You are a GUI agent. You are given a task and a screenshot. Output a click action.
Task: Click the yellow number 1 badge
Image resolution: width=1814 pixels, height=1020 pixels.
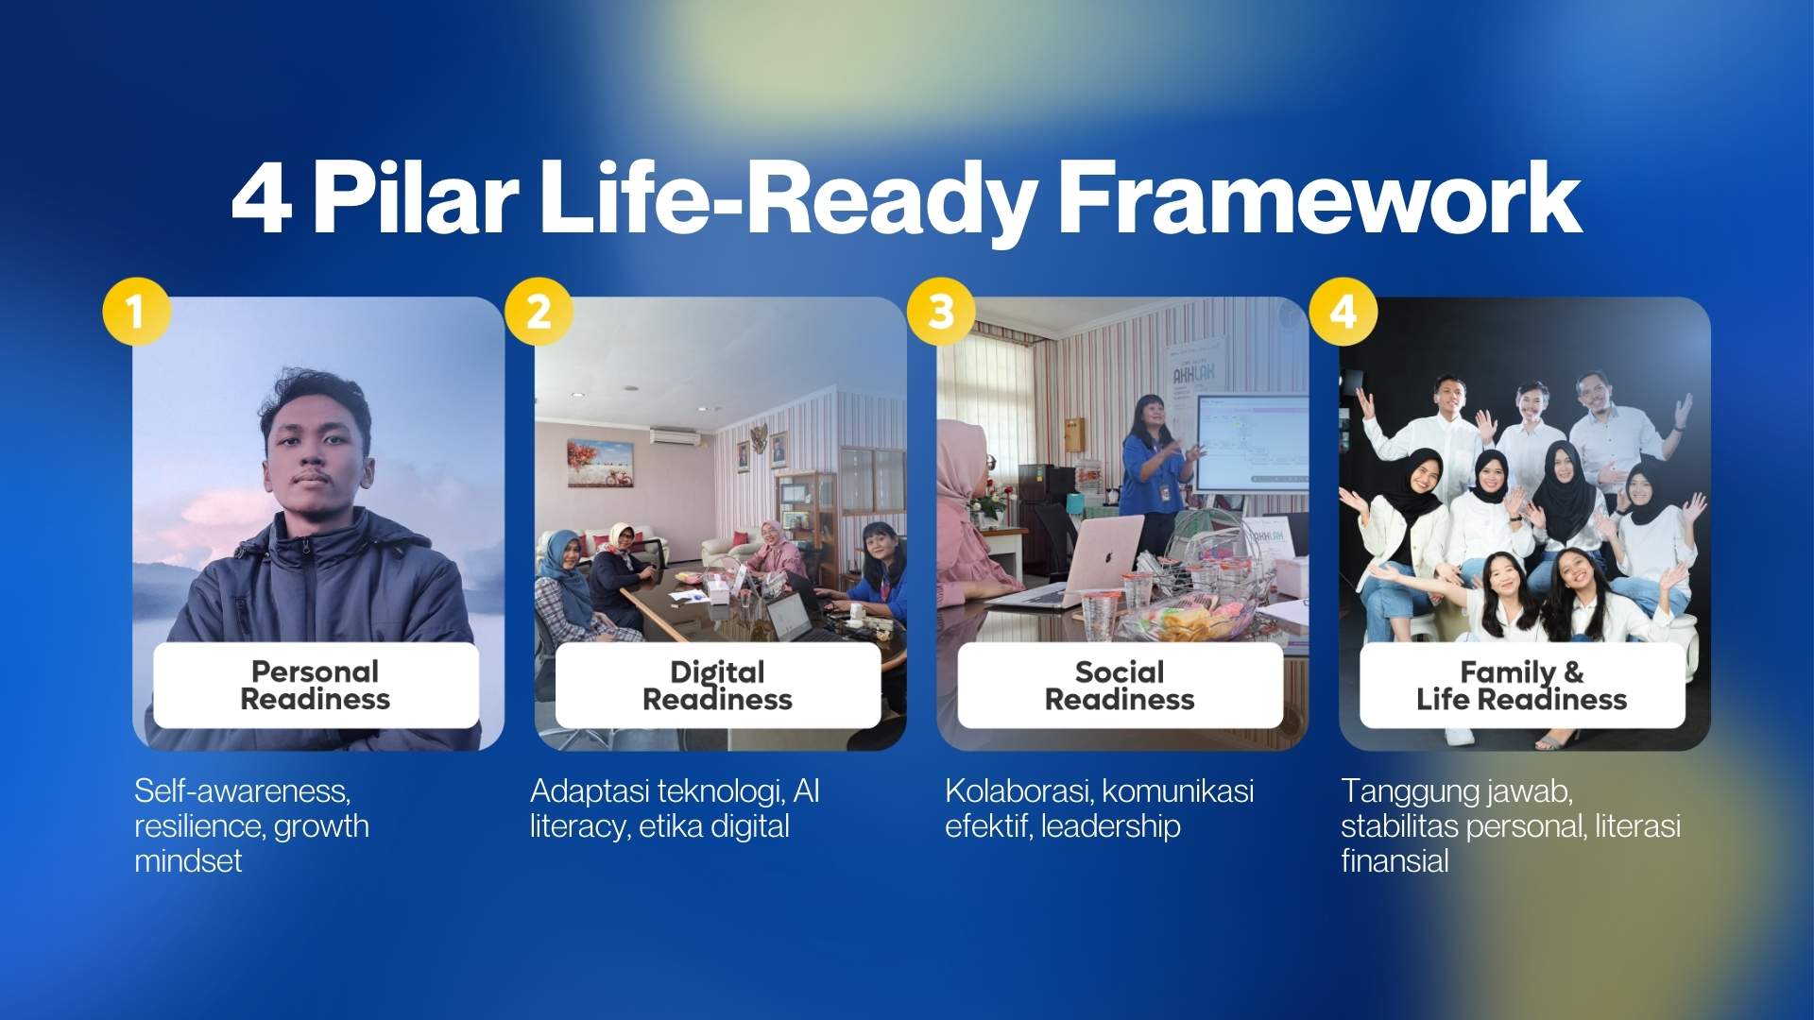(x=136, y=311)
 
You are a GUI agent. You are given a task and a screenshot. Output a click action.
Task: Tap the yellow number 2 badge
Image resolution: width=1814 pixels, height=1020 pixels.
(x=539, y=311)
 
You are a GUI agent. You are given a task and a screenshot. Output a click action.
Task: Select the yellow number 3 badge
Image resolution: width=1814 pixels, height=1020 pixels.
(x=941, y=311)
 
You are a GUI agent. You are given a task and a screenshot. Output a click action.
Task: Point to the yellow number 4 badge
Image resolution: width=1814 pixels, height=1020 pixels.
(x=1343, y=311)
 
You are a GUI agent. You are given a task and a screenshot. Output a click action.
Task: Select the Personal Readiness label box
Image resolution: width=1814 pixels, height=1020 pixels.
(x=316, y=686)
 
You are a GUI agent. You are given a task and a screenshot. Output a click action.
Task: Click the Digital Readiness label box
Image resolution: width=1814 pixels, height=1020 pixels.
(x=718, y=686)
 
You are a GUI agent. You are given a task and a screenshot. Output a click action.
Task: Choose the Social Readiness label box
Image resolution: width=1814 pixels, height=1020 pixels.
(x=1120, y=686)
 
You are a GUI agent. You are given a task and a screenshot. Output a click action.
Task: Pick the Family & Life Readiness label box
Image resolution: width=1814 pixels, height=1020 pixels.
(x=1521, y=686)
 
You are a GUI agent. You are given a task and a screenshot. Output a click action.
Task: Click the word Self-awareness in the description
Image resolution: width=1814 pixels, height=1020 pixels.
(x=242, y=790)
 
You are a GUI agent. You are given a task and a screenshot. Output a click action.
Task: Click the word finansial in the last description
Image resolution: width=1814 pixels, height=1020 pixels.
(x=1395, y=861)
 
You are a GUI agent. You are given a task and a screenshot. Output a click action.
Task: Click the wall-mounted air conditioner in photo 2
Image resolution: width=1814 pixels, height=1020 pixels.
(x=676, y=436)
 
